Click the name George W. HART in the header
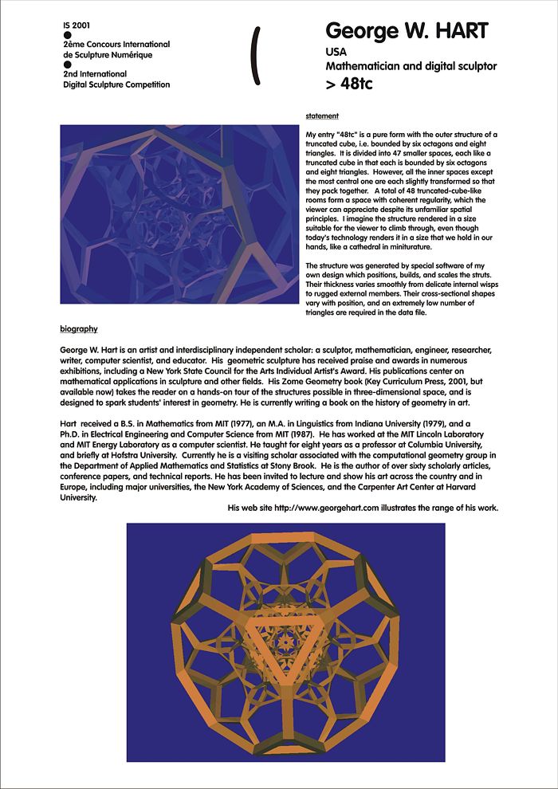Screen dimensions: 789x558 click(407, 31)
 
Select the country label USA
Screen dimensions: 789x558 click(336, 52)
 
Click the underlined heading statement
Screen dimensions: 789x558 click(322, 116)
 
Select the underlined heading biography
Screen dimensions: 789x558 click(79, 328)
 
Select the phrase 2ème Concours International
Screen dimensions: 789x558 click(116, 45)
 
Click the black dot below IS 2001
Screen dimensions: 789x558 click(67, 35)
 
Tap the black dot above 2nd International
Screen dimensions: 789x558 click(67, 65)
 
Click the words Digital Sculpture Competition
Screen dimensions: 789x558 click(116, 84)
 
